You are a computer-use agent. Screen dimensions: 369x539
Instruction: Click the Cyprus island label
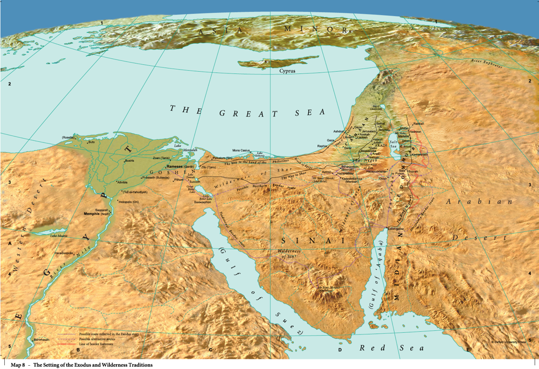pos(287,71)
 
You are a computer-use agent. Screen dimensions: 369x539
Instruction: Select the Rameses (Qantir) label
pos(180,167)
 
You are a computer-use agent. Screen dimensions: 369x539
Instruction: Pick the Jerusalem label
pos(368,131)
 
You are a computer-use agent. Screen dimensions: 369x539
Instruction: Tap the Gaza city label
pos(331,140)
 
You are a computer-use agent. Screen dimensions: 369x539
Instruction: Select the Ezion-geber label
pos(396,229)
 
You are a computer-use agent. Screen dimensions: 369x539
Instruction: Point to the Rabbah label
pos(419,124)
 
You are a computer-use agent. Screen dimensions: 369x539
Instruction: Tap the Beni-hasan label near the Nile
pos(42,339)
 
